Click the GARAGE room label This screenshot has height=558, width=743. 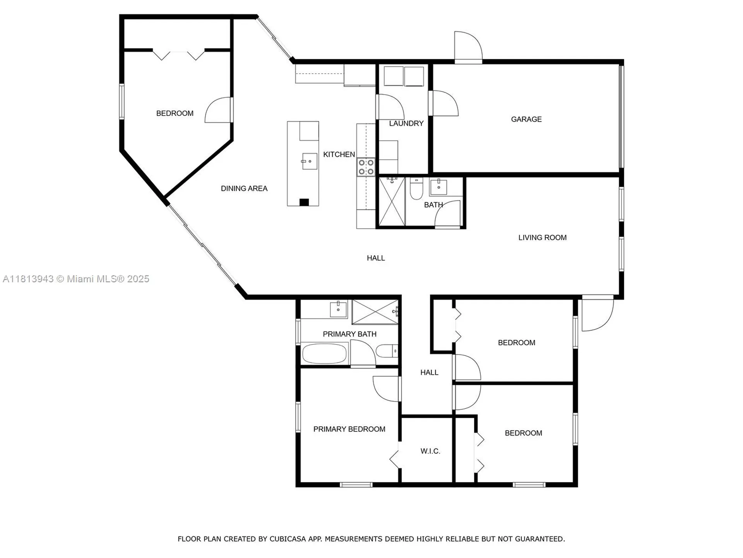(x=526, y=119)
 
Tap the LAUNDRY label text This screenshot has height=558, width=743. (x=406, y=124)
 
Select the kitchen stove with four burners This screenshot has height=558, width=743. (x=366, y=167)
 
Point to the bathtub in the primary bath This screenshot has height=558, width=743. (x=324, y=353)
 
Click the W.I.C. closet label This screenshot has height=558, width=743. (x=430, y=451)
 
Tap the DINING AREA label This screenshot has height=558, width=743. (x=244, y=189)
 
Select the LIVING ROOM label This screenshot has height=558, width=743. (x=542, y=238)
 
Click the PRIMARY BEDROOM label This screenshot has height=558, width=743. (x=349, y=429)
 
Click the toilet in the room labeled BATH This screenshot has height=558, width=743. (x=416, y=189)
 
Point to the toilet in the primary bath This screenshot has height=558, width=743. (x=387, y=351)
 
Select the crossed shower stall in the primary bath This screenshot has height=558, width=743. (x=375, y=312)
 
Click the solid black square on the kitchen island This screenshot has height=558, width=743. (x=304, y=202)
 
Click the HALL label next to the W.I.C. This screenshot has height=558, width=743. (x=429, y=372)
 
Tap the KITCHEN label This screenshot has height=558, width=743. (x=339, y=155)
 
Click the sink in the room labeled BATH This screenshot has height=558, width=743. (x=438, y=187)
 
